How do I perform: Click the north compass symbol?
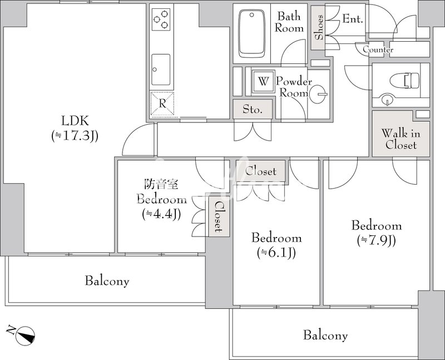pyautogui.click(x=26, y=335)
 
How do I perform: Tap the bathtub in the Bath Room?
pyautogui.click(x=252, y=34)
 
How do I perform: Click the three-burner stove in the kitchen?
pyautogui.click(x=161, y=19)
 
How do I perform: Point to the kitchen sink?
pyautogui.click(x=161, y=70)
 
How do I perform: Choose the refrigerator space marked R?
pyautogui.click(x=162, y=104)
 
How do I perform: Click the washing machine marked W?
pyautogui.click(x=264, y=81)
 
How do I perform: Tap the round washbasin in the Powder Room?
pyautogui.click(x=318, y=94)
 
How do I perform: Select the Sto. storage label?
pyautogui.click(x=253, y=109)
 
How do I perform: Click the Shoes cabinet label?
pyautogui.click(x=319, y=27)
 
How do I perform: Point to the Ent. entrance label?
pyautogui.click(x=353, y=19)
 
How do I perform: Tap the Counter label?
pyautogui.click(x=378, y=50)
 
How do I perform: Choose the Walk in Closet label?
pyautogui.click(x=400, y=139)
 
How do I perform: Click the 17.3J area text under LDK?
pyautogui.click(x=75, y=136)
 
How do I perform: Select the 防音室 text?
pyautogui.click(x=161, y=184)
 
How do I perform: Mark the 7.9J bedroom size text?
pyautogui.click(x=377, y=241)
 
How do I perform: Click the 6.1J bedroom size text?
pyautogui.click(x=276, y=253)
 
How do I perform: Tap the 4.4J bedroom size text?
pyautogui.click(x=161, y=214)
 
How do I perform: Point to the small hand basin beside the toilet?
pyautogui.click(x=386, y=100)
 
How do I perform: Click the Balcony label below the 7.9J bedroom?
pyautogui.click(x=325, y=336)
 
